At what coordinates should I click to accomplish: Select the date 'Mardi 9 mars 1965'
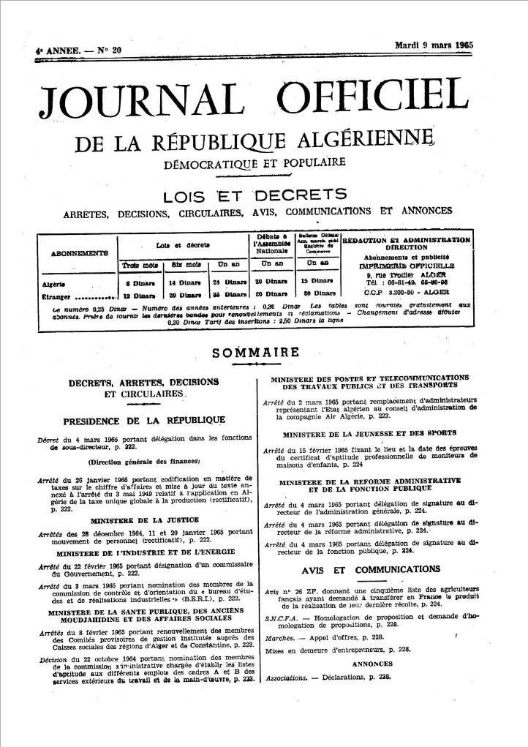[x=434, y=45]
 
